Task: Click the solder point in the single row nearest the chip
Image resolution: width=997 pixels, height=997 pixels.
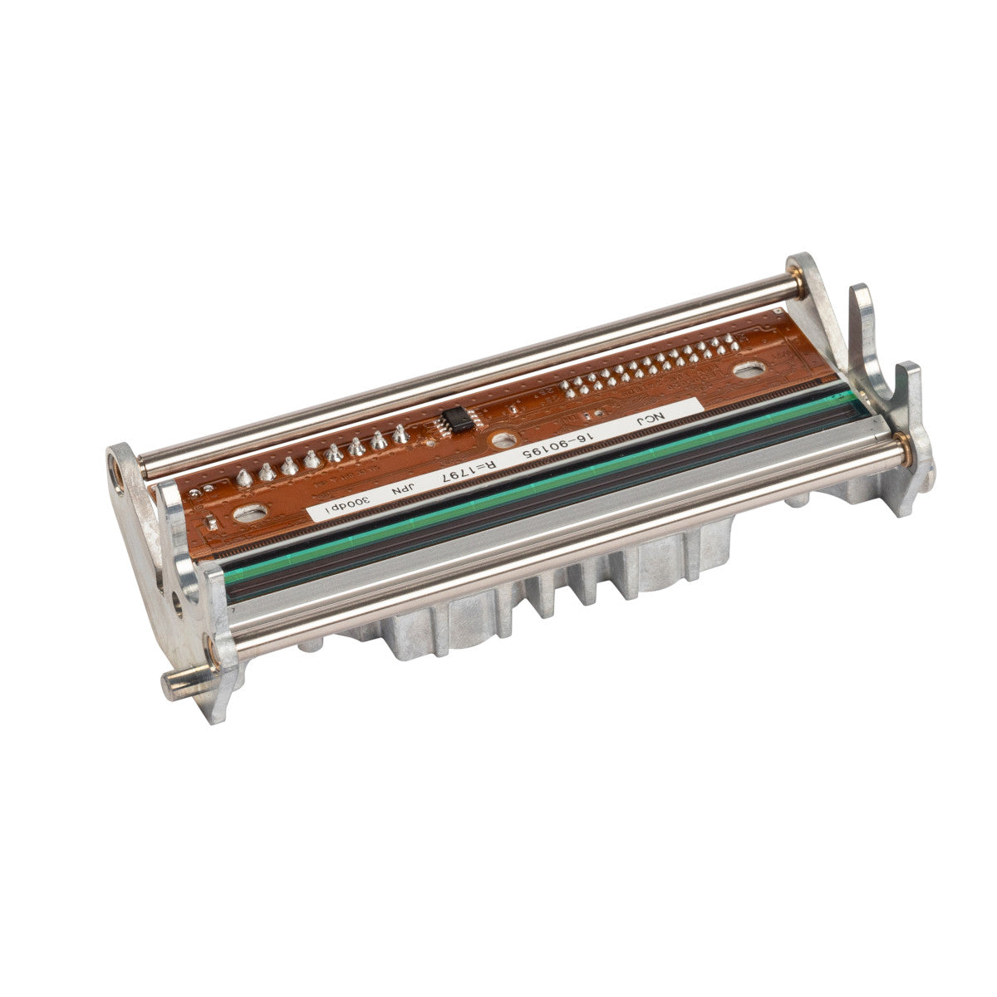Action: (x=402, y=431)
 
